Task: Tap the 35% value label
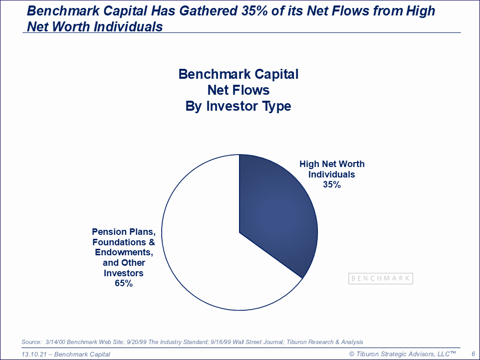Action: tap(332, 184)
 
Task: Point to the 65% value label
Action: tap(124, 283)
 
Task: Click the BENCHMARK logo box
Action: tap(381, 278)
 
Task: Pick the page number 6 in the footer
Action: tap(474, 354)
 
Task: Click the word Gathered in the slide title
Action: tap(208, 10)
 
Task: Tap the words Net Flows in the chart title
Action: tap(239, 90)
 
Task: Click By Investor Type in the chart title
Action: tap(238, 106)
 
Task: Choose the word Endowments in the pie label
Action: tap(124, 252)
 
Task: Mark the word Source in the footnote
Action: tap(31, 342)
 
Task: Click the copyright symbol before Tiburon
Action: tap(352, 354)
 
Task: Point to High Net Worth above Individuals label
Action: tap(332, 164)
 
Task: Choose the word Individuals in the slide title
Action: tap(128, 26)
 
